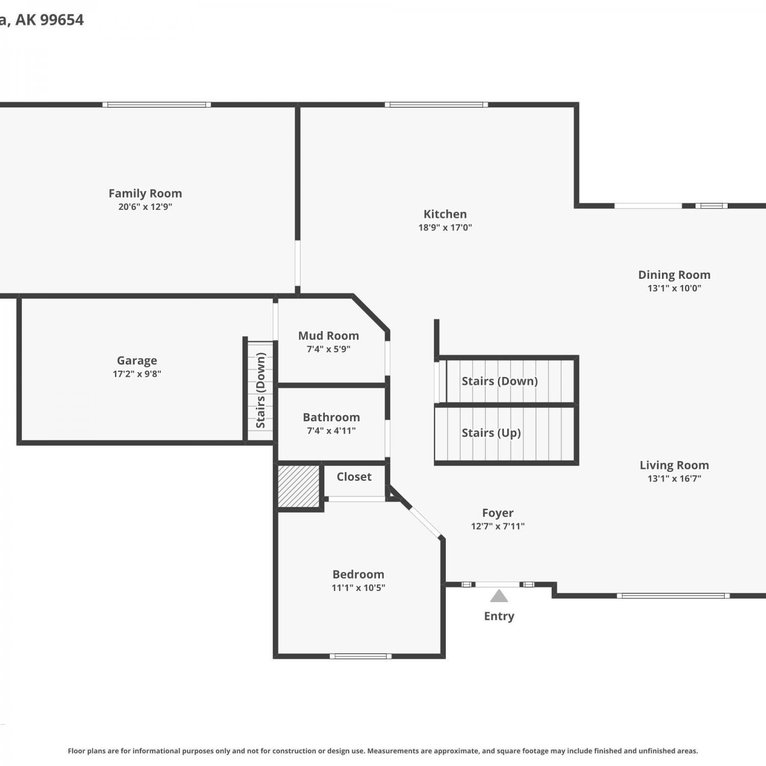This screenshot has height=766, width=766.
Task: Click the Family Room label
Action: (x=145, y=194)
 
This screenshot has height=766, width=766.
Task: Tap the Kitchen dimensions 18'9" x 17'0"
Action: (x=445, y=228)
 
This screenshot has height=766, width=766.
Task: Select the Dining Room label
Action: (x=674, y=275)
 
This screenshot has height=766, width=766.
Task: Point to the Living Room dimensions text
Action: (x=674, y=478)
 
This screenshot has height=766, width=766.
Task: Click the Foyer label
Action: (x=498, y=513)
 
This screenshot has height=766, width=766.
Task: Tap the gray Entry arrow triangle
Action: (x=499, y=596)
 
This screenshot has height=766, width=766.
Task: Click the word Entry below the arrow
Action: (x=499, y=616)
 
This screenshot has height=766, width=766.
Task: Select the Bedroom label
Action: (x=358, y=574)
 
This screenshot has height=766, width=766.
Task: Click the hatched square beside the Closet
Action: (x=299, y=486)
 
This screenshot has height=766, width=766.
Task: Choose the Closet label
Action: (x=354, y=477)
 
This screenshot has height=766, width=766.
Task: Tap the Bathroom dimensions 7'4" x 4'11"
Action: (x=331, y=431)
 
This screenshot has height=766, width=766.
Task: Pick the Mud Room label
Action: (x=328, y=336)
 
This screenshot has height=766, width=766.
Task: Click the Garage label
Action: (x=137, y=361)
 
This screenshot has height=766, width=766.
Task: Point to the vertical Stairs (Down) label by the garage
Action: (x=261, y=390)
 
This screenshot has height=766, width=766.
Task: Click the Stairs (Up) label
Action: (x=491, y=433)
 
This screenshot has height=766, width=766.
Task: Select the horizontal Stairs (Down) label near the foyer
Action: (x=499, y=381)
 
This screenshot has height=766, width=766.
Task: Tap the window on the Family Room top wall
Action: (x=157, y=105)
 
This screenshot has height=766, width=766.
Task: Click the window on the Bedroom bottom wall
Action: (x=361, y=656)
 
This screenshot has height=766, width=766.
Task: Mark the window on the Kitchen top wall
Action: (x=436, y=105)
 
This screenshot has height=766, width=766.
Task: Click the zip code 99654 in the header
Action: (x=62, y=20)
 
